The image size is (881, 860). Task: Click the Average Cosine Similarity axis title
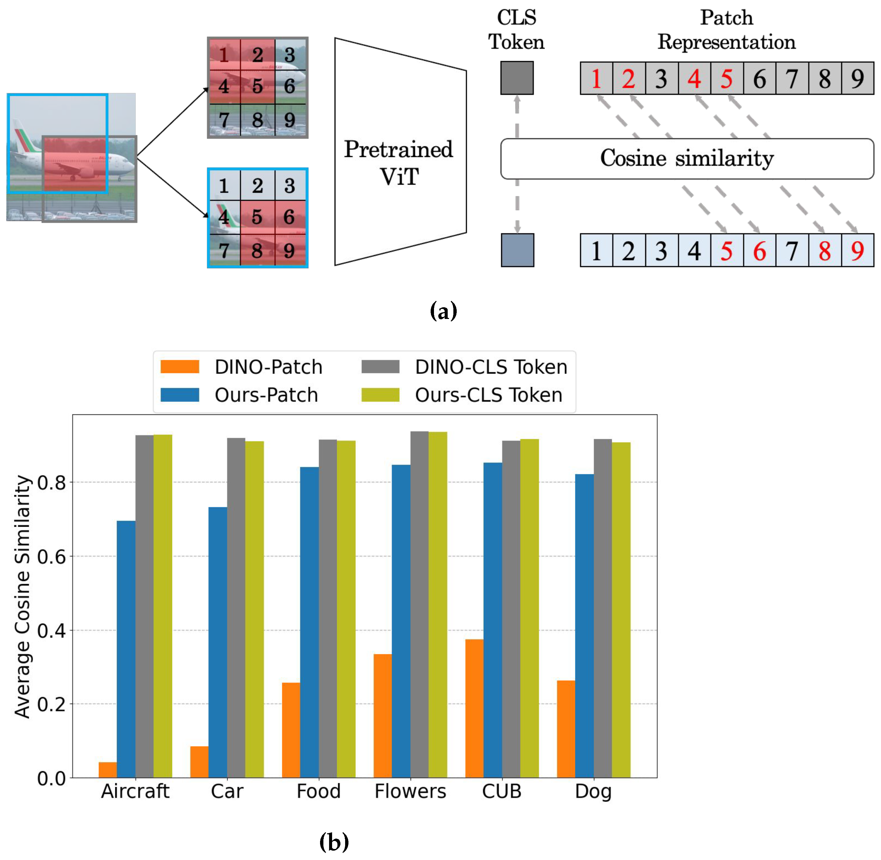[x=23, y=596]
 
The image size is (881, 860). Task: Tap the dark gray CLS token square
[x=517, y=78]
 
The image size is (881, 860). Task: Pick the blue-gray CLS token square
[x=517, y=250]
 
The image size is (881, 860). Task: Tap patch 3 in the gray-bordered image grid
[x=290, y=55]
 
